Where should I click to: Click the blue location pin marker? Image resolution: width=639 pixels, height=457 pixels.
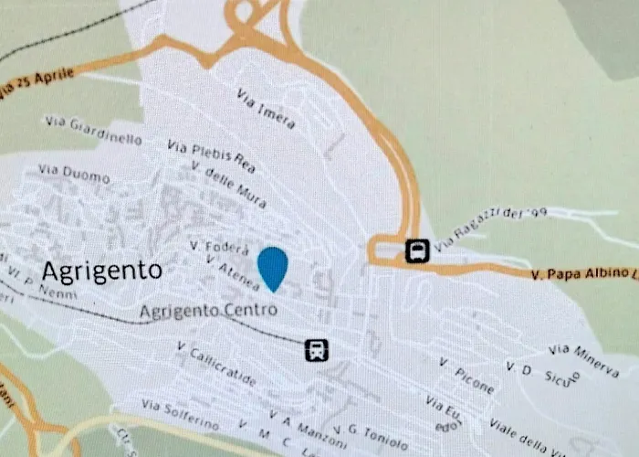pyautogui.click(x=272, y=267)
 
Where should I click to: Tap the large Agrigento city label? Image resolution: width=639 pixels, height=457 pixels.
pyautogui.click(x=101, y=271)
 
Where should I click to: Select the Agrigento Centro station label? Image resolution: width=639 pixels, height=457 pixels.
pyautogui.click(x=208, y=311)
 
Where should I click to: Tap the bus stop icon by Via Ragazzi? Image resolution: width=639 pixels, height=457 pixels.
pyautogui.click(x=417, y=250)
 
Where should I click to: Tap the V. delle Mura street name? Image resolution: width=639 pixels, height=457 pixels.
pyautogui.click(x=229, y=184)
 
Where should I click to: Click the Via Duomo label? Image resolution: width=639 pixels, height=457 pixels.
pyautogui.click(x=74, y=174)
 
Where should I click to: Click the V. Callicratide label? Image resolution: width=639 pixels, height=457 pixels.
pyautogui.click(x=217, y=363)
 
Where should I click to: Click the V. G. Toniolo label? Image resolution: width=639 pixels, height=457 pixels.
pyautogui.click(x=371, y=437)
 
